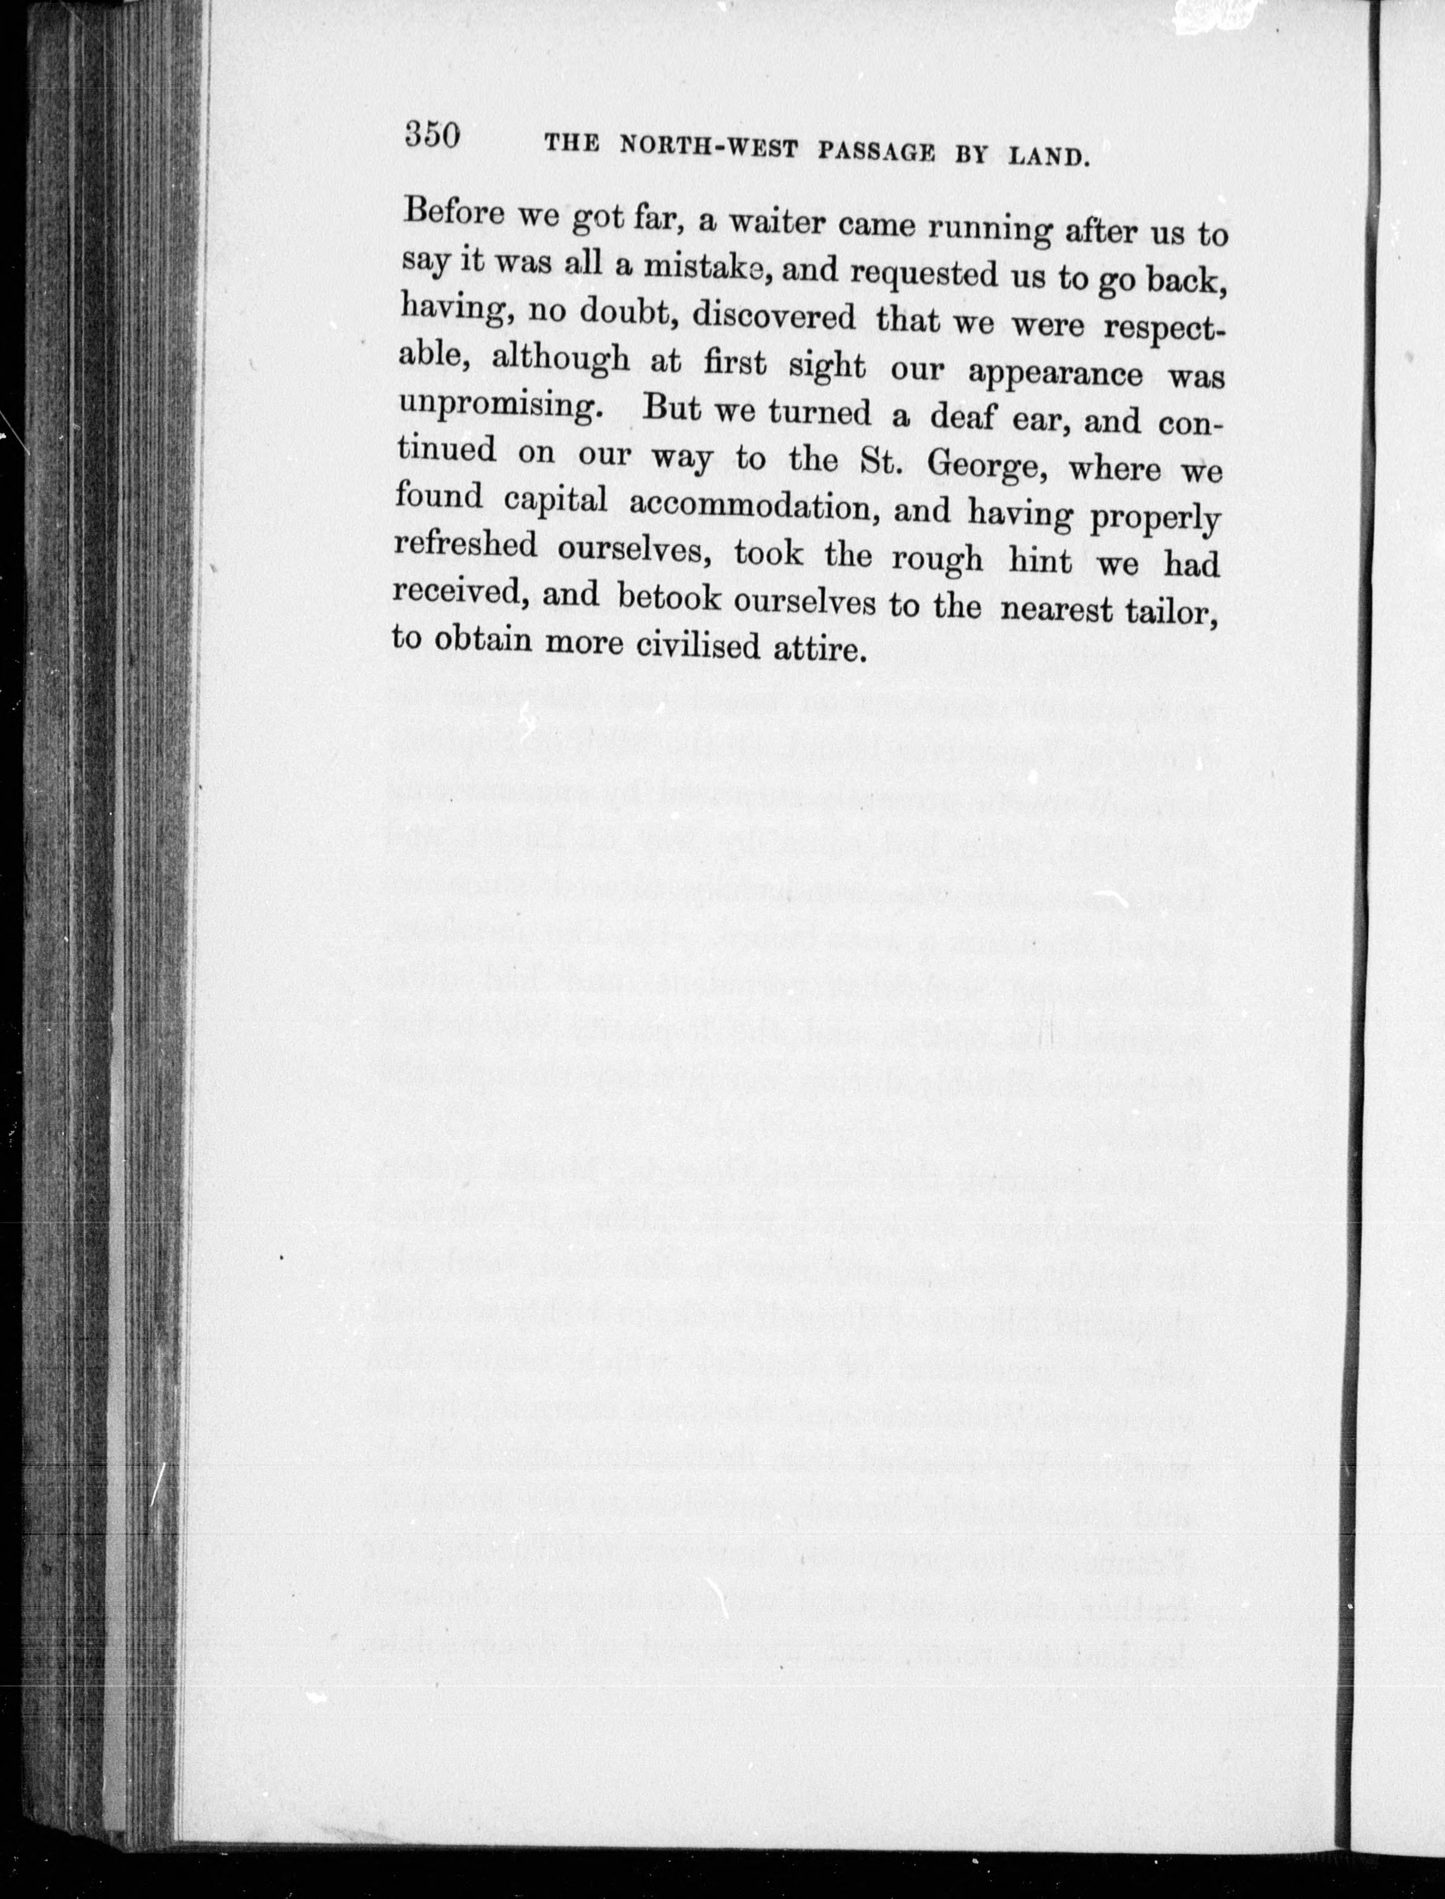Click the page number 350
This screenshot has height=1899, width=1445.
click(x=432, y=135)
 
